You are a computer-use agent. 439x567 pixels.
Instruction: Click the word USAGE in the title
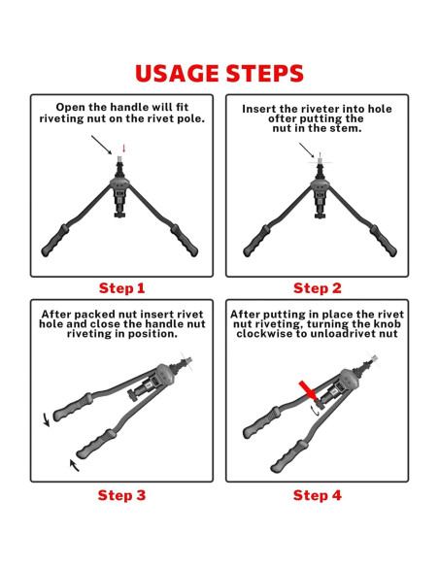tap(177, 74)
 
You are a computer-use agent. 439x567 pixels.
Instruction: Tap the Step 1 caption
tap(121, 288)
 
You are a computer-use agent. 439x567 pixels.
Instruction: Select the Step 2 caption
tap(318, 288)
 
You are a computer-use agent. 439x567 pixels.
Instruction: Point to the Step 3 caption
tap(121, 495)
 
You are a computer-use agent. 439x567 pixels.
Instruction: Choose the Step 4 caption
tap(318, 495)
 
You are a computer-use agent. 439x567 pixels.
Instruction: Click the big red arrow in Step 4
tap(307, 390)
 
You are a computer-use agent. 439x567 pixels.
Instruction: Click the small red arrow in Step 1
tap(123, 149)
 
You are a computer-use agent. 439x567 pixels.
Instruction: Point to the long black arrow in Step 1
tap(102, 145)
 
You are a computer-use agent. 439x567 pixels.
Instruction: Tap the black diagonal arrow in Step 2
tap(307, 150)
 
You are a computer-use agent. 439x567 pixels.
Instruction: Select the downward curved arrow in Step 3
tap(47, 419)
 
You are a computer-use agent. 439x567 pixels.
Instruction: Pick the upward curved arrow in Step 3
tap(74, 465)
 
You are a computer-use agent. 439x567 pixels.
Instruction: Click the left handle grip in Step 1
tap(55, 241)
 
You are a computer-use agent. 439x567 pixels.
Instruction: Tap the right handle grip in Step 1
tap(185, 241)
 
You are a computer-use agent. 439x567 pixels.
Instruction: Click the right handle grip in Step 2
tap(384, 241)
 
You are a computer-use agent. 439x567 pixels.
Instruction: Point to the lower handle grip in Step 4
tap(288, 456)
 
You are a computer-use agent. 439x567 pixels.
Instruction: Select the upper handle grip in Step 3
tap(73, 407)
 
